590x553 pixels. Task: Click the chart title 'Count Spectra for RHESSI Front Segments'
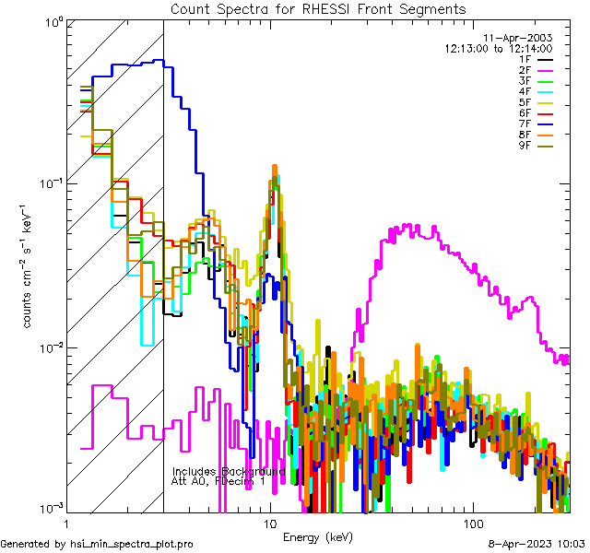click(x=318, y=8)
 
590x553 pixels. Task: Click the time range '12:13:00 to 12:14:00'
click(x=498, y=48)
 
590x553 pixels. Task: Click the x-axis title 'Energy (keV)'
click(x=318, y=536)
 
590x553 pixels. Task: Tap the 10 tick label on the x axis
click(x=269, y=522)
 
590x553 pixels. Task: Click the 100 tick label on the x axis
click(x=472, y=522)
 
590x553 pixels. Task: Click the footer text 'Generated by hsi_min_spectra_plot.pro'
click(x=97, y=545)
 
